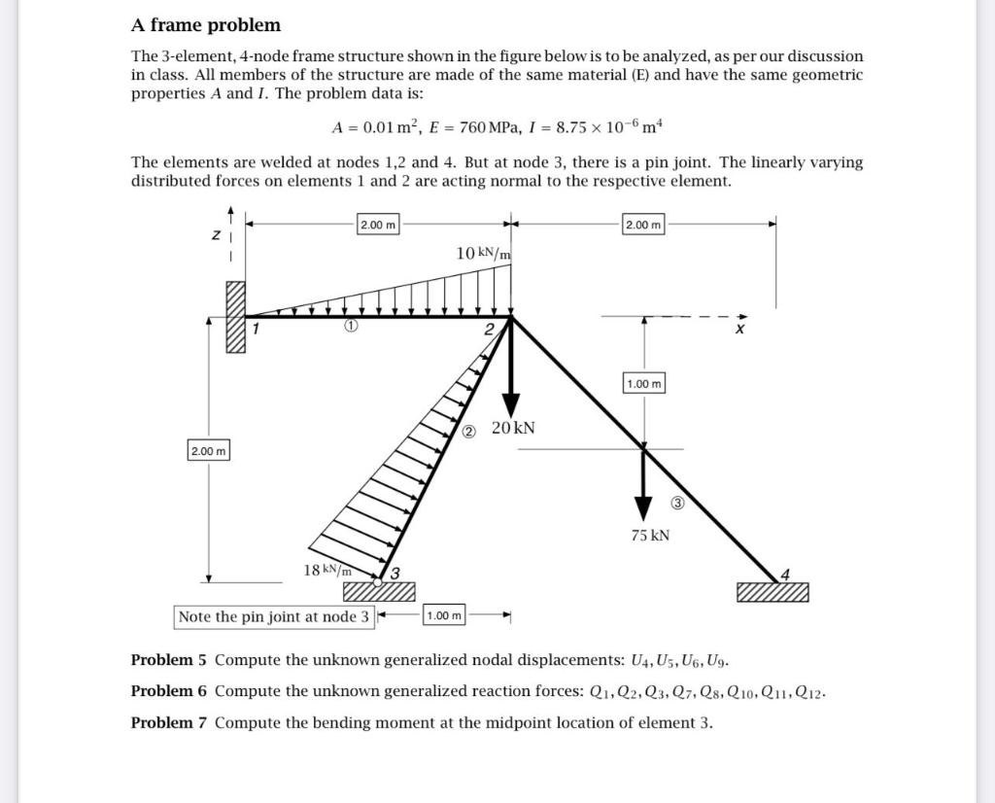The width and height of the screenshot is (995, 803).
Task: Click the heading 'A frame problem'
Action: tap(206, 25)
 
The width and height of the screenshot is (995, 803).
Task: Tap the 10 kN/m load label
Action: tap(483, 253)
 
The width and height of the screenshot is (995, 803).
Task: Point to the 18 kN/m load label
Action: tap(327, 570)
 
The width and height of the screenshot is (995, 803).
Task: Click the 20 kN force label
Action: tap(513, 428)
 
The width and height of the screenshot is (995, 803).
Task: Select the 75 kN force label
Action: tap(650, 536)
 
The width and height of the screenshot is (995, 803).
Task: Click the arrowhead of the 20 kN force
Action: tap(510, 408)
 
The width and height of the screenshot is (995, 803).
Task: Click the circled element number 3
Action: tap(678, 503)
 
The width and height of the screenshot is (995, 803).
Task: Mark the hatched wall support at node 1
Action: tap(236, 318)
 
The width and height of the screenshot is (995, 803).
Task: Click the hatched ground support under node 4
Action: tap(772, 592)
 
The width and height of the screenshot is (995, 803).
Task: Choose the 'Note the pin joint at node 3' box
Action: tap(274, 616)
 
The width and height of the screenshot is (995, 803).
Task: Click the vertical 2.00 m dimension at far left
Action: tap(208, 451)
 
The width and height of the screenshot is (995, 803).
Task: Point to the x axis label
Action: tap(740, 331)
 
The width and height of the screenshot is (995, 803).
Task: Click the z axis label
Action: tap(216, 234)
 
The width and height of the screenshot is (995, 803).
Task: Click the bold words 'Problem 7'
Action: tap(168, 722)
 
